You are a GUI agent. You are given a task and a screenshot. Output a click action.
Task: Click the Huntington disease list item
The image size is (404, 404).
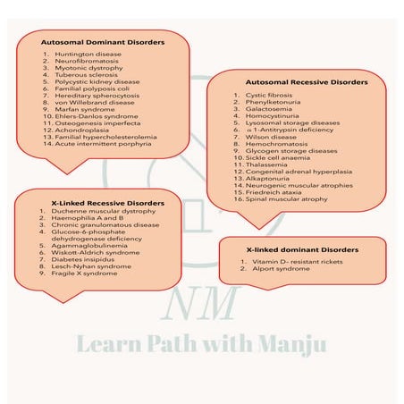[81, 55]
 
